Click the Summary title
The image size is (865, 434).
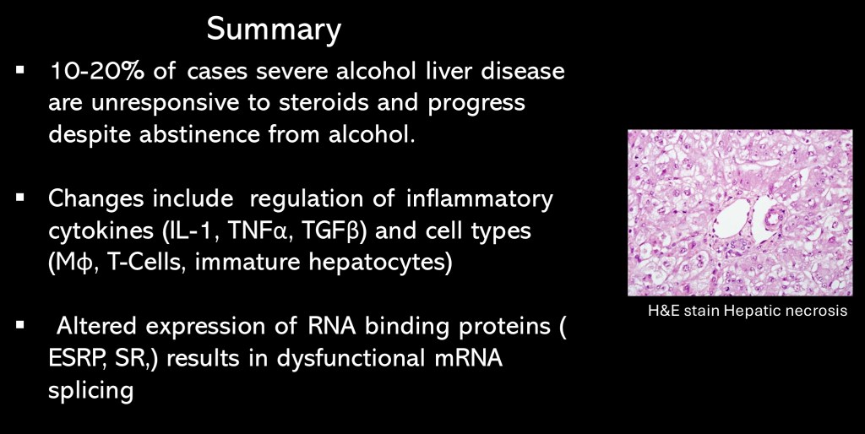[x=274, y=30]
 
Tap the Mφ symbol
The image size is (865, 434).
[x=69, y=263]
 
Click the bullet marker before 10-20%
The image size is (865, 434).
[x=20, y=70]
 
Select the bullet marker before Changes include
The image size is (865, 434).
[x=20, y=197]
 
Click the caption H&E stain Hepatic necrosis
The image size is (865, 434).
[x=748, y=311]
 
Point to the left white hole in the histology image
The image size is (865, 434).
[x=732, y=219]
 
